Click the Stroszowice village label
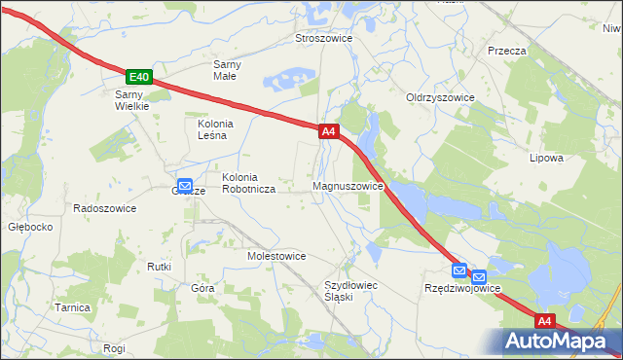[x=323, y=38]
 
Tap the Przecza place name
[x=507, y=51]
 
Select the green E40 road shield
[x=139, y=77]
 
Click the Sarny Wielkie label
[x=131, y=100]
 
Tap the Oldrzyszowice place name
[x=440, y=98]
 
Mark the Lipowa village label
[x=546, y=158]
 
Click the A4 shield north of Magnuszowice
[x=328, y=130]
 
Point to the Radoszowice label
[x=105, y=208]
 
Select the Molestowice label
[x=277, y=256]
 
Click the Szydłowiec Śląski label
[x=350, y=290]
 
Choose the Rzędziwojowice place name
[x=462, y=289]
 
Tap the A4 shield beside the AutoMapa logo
[x=545, y=320]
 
